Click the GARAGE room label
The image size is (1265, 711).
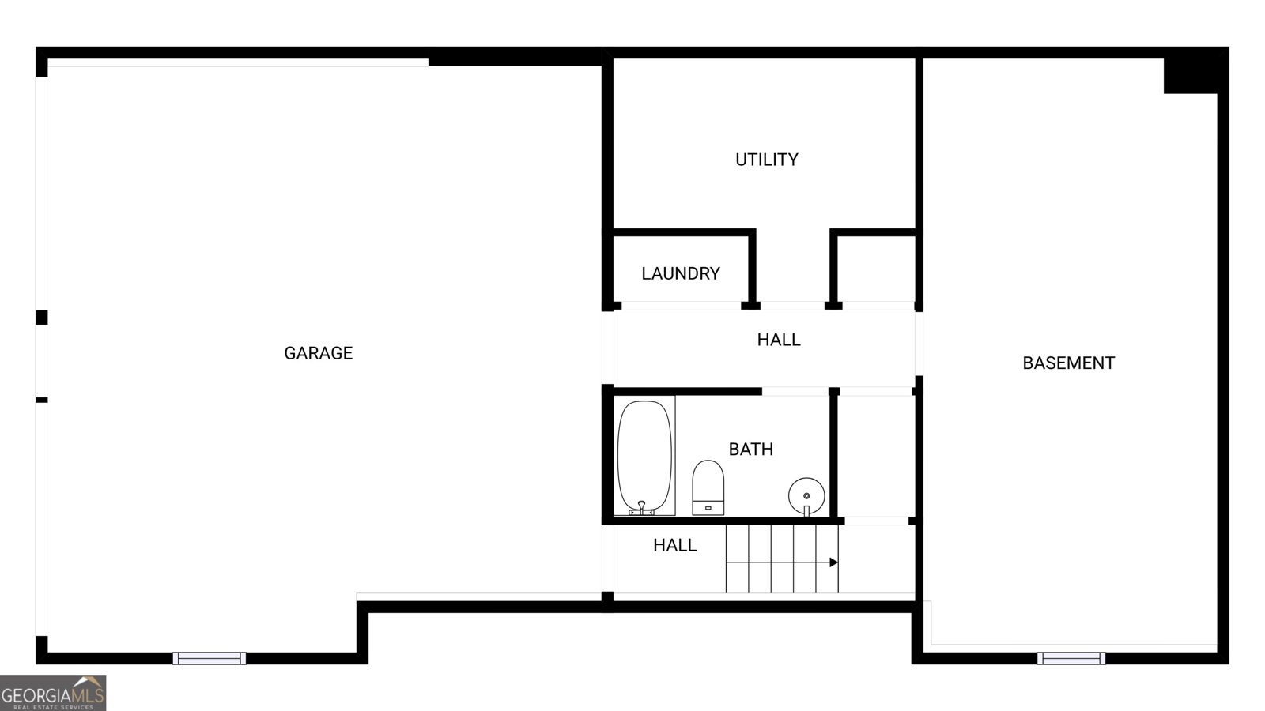click(x=318, y=353)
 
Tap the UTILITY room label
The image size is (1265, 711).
click(x=766, y=160)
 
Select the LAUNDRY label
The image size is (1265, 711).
click(x=680, y=273)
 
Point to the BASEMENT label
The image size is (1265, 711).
click(x=1068, y=363)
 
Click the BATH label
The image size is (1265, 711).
click(x=750, y=450)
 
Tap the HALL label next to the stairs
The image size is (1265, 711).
click(x=674, y=545)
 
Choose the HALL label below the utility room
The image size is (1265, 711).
click(x=779, y=340)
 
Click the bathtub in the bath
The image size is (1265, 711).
click(x=644, y=454)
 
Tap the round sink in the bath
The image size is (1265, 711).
click(x=806, y=496)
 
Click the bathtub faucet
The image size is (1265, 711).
click(x=642, y=507)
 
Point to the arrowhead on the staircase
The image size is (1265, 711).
click(x=833, y=562)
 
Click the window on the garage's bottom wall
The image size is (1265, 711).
click(x=210, y=658)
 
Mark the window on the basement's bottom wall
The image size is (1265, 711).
click(x=1071, y=658)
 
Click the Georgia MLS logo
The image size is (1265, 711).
click(x=53, y=693)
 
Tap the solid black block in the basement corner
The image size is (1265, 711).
click(x=1189, y=76)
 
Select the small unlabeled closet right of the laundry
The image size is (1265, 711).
click(x=875, y=269)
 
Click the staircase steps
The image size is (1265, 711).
click(x=781, y=559)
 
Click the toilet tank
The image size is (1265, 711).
click(x=708, y=506)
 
